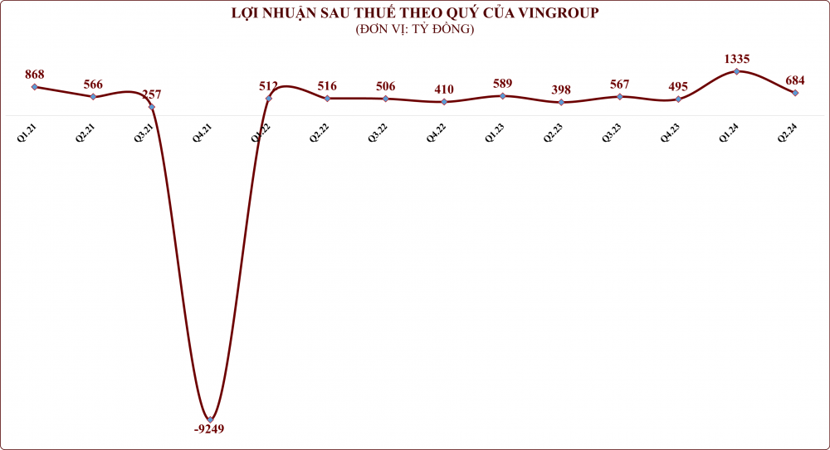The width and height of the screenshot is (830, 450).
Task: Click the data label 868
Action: [x=34, y=75]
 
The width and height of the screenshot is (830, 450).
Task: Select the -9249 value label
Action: [x=208, y=429]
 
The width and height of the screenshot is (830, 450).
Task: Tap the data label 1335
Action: [x=737, y=59]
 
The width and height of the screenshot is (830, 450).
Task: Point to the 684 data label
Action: [x=795, y=80]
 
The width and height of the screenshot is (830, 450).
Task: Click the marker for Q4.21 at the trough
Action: [x=210, y=419]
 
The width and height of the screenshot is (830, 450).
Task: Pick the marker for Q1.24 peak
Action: [x=737, y=71]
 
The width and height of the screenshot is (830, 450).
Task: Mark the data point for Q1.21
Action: [x=34, y=86]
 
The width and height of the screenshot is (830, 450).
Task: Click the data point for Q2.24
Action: [x=796, y=93]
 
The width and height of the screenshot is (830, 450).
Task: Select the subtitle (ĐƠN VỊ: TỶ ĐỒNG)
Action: [x=414, y=29]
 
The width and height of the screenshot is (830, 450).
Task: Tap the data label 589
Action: [x=502, y=84]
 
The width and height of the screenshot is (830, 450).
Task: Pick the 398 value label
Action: [x=561, y=90]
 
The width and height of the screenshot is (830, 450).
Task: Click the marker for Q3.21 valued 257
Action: [x=151, y=107]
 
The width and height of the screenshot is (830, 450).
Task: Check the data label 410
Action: [x=444, y=90]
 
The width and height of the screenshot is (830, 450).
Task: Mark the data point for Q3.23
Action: [x=620, y=97]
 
